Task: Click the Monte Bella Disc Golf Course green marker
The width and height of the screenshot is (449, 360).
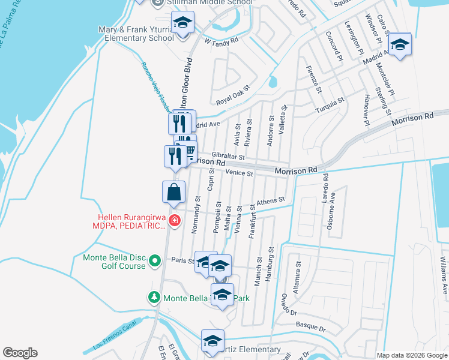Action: [155, 261]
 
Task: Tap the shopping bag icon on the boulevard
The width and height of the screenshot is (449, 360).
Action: [173, 192]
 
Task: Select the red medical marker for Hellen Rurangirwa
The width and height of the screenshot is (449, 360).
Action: [175, 221]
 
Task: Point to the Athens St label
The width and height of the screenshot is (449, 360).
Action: [270, 202]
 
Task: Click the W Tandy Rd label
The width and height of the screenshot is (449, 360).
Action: [221, 41]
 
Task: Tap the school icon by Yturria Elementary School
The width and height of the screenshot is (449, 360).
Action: [182, 24]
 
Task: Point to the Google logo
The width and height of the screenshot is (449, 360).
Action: [20, 353]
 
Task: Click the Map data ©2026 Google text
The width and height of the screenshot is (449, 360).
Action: [411, 355]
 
